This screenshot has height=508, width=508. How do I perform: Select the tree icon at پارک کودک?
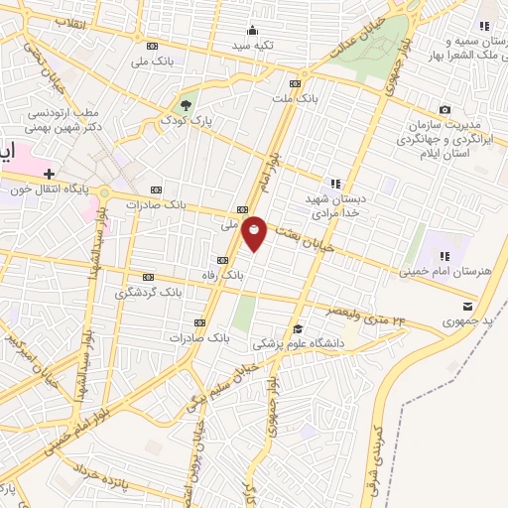(185, 104)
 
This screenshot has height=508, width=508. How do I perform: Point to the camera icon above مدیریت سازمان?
(444, 109)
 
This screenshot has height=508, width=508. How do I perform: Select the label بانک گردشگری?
(149, 293)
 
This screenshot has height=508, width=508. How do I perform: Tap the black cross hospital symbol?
(49, 174)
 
